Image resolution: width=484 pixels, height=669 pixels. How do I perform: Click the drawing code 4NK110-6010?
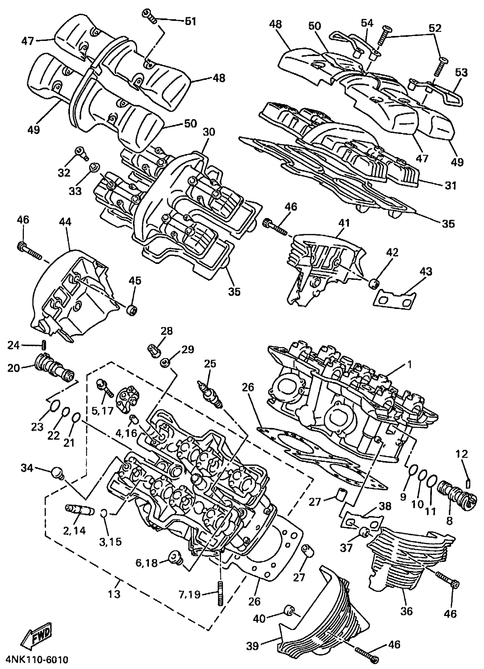click(x=34, y=660)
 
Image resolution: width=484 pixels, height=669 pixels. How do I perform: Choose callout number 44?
click(x=65, y=222)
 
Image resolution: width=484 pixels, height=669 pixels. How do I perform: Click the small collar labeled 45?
click(x=132, y=311)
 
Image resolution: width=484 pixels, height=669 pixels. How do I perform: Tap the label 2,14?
click(x=74, y=530)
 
